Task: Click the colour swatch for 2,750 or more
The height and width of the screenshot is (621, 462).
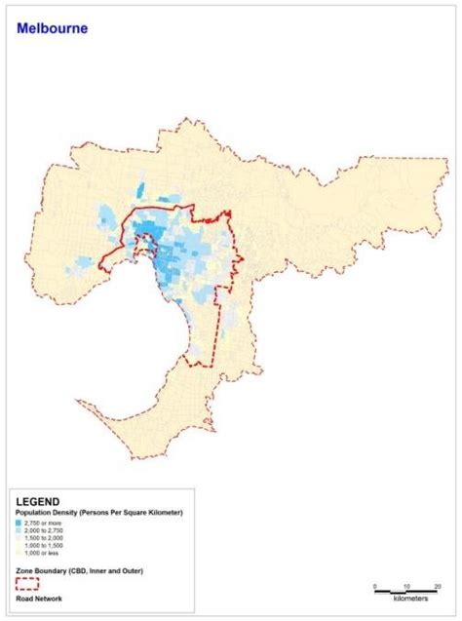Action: (x=19, y=524)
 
